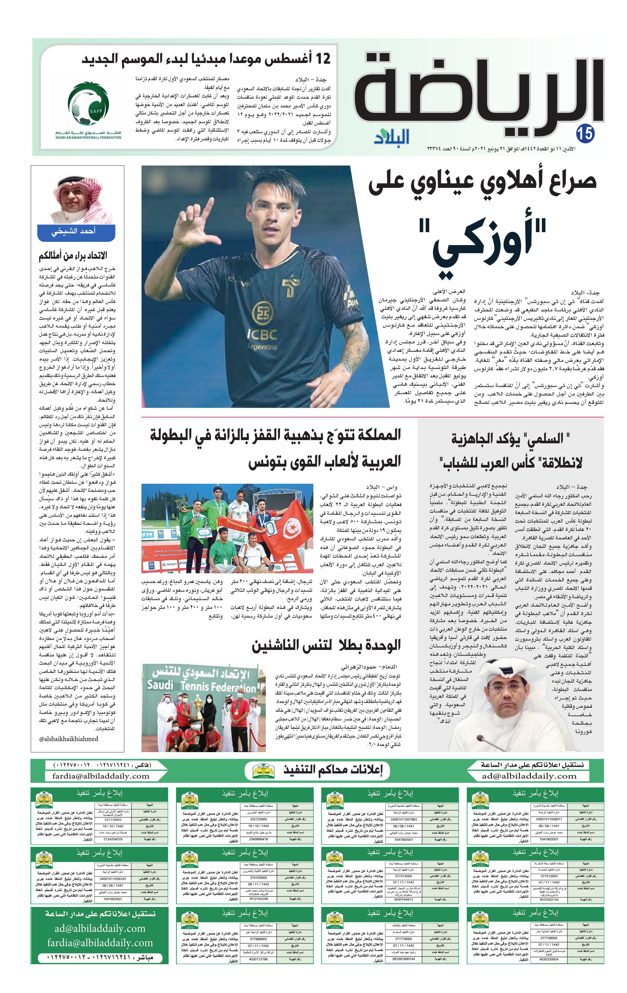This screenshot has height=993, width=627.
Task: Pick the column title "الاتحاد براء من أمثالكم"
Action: pyautogui.click(x=73, y=256)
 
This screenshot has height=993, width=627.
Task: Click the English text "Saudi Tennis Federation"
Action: pyautogui.click(x=201, y=686)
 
